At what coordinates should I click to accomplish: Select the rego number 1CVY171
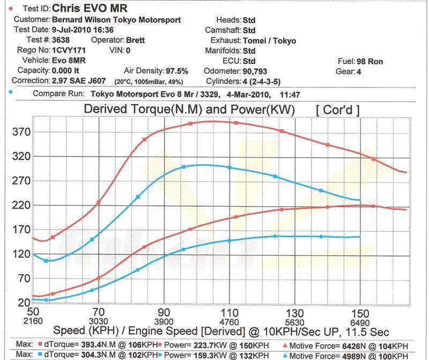click(72, 50)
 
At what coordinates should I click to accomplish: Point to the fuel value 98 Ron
click(368, 61)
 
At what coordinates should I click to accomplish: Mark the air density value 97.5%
click(177, 71)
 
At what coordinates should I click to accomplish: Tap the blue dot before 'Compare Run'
click(12, 93)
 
